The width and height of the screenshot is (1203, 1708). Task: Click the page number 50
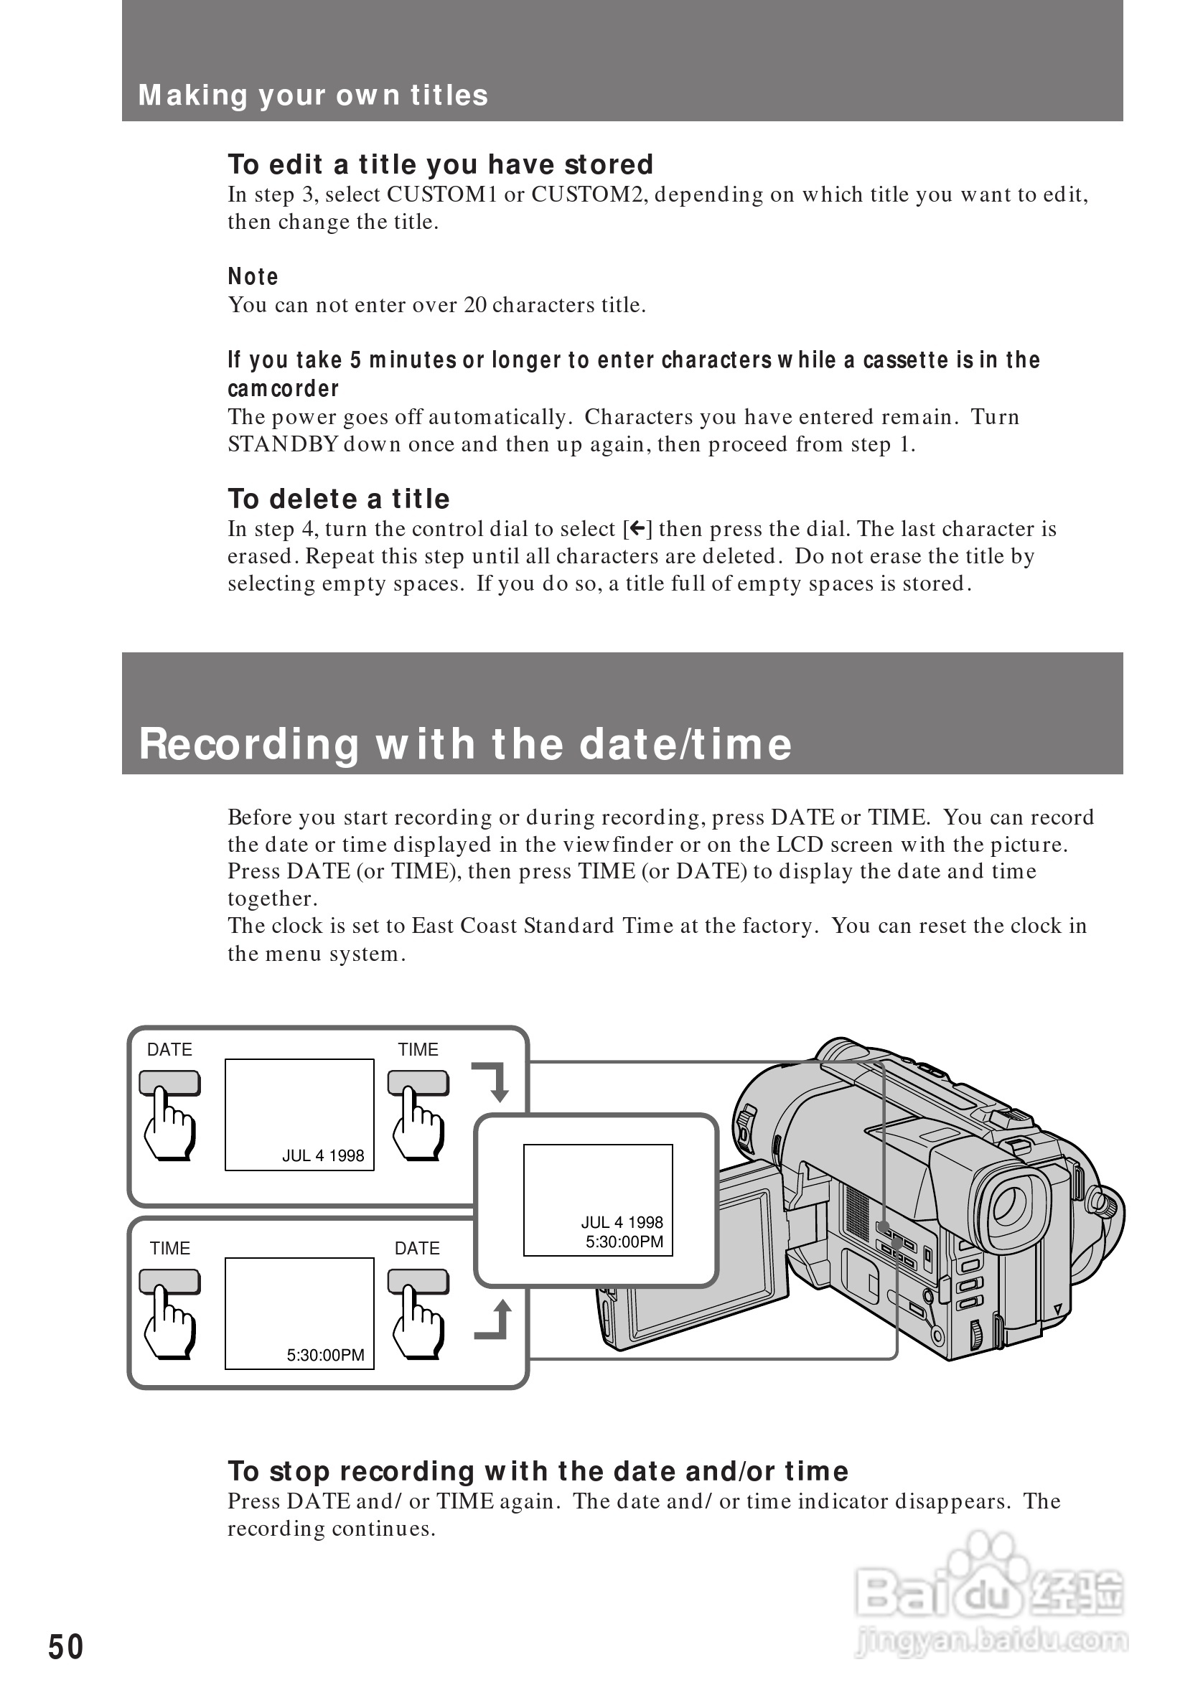pos(65,1648)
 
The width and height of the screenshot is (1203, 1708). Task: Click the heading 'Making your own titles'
pos(312,95)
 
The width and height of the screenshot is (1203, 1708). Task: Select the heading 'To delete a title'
pos(339,499)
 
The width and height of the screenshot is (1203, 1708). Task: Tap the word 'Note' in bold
pos(253,277)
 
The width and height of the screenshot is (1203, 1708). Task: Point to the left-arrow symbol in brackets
pos(637,529)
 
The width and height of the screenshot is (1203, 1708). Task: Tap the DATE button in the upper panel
pos(169,1083)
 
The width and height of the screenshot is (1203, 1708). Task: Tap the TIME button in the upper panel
pos(418,1083)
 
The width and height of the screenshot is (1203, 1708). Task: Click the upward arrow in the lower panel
pos(495,1321)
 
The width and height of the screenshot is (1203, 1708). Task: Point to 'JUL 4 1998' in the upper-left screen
pos(323,1156)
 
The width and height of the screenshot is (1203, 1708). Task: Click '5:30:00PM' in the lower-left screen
pos(326,1356)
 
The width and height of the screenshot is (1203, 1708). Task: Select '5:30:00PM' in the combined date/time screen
pos(624,1242)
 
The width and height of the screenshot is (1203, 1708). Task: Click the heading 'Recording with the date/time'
pos(465,744)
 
